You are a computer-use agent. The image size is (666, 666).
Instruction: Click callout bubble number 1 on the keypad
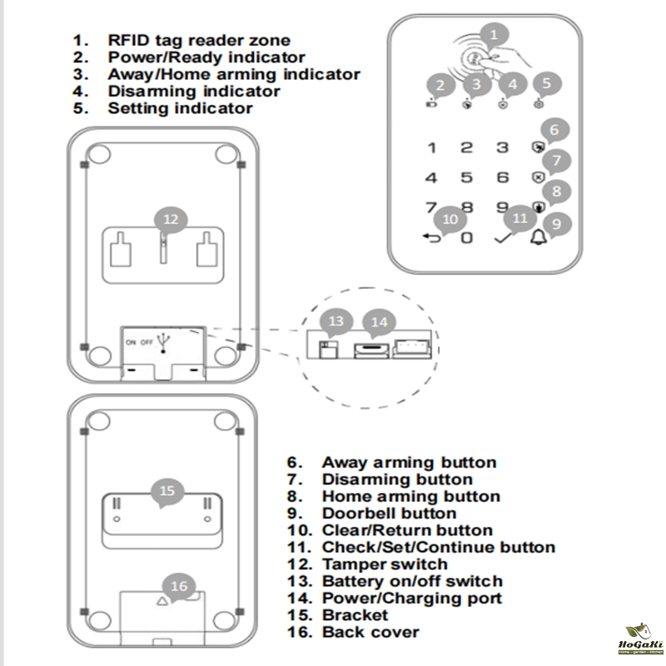click(495, 35)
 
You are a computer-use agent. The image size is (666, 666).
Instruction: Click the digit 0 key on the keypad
click(467, 238)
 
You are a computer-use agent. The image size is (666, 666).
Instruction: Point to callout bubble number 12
click(170, 220)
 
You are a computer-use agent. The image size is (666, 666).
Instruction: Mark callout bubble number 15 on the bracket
click(167, 490)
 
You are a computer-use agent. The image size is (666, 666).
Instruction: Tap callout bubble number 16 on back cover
click(179, 586)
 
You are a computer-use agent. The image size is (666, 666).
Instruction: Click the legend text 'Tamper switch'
click(385, 564)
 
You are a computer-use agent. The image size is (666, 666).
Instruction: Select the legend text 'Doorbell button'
click(389, 514)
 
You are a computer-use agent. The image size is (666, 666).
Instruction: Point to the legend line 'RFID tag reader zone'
click(199, 40)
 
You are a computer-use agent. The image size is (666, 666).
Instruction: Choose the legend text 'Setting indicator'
click(180, 108)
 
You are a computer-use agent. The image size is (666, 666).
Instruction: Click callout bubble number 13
click(335, 321)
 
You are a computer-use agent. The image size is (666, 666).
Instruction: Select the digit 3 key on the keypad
click(502, 147)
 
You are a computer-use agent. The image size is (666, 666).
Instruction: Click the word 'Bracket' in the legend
click(355, 615)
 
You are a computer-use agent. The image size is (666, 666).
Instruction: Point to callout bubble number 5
click(546, 83)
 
